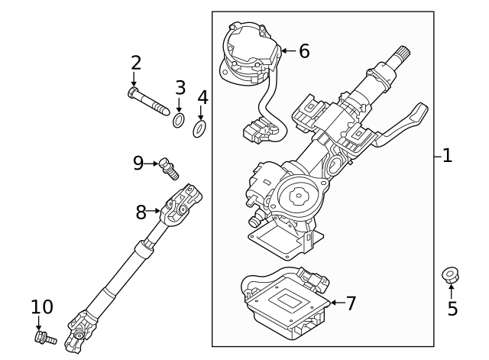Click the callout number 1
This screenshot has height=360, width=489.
tap(447, 156)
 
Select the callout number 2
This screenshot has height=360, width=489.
tap(136, 63)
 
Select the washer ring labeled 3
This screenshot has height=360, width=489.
tap(179, 120)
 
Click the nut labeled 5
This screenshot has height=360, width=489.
tap(451, 274)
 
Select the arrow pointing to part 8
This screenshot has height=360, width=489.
tap(154, 210)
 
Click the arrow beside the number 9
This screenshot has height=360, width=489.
tap(152, 162)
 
